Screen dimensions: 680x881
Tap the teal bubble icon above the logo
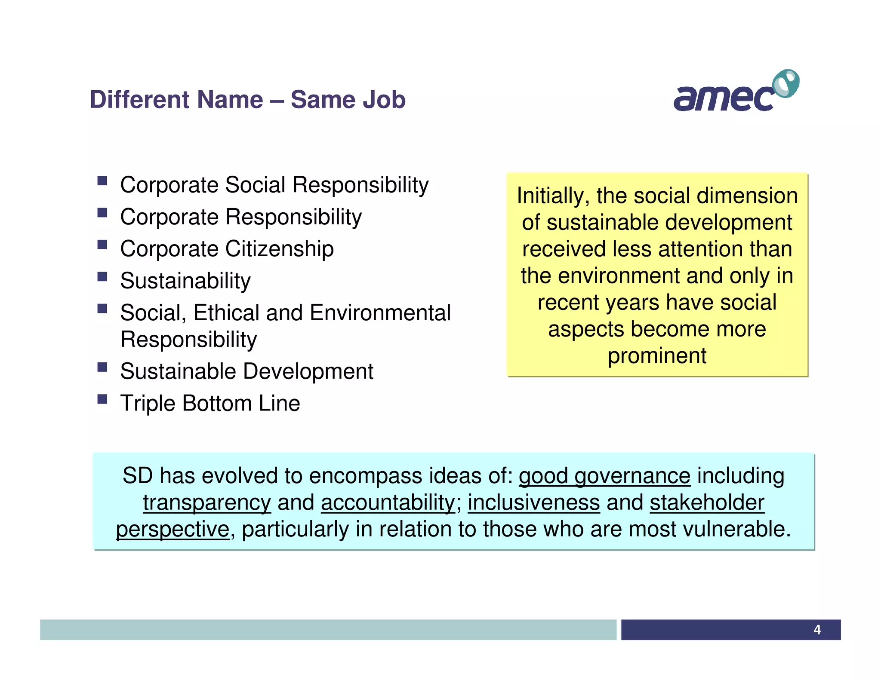tap(786, 83)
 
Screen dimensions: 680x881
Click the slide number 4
tap(817, 630)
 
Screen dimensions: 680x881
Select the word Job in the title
tap(384, 100)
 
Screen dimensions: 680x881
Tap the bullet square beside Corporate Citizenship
tap(102, 245)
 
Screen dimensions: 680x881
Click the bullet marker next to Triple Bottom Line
tap(102, 399)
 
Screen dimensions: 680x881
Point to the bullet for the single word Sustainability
tap(102, 277)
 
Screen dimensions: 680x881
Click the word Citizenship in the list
tap(279, 249)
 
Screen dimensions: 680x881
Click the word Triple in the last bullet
tap(148, 404)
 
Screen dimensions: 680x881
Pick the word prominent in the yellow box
tap(657, 356)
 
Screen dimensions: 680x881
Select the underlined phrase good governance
tap(604, 476)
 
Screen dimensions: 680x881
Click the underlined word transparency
tap(207, 503)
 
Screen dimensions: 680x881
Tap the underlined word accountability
tap(388, 502)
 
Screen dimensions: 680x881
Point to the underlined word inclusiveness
tap(534, 502)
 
